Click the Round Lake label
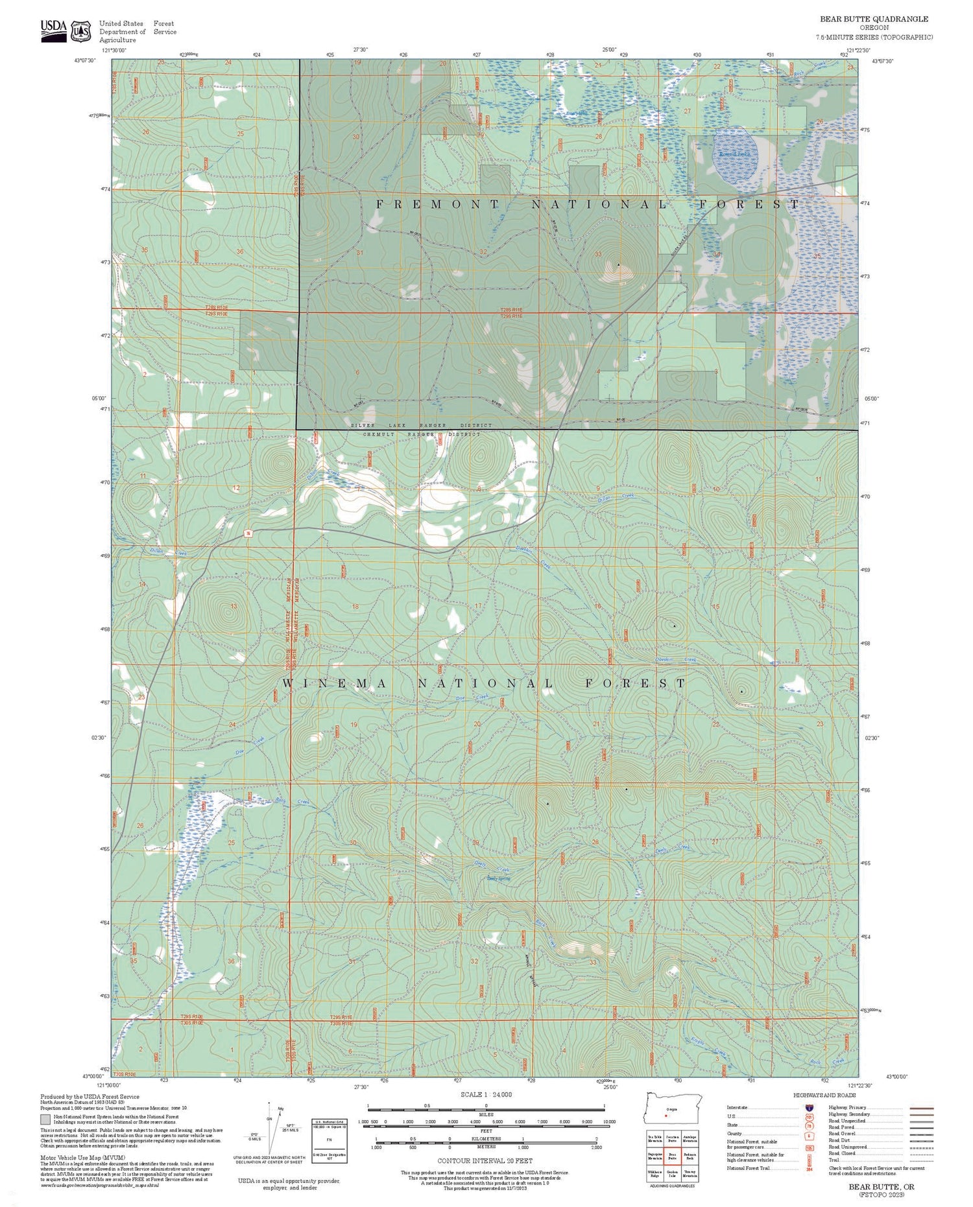coord(731,154)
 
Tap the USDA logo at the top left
coord(54,29)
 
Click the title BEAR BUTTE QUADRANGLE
coord(873,19)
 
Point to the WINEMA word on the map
coord(335,684)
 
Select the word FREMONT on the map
coord(438,204)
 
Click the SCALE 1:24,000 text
coord(486,1094)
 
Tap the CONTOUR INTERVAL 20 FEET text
coord(485,1160)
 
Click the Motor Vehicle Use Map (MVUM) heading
coord(82,1157)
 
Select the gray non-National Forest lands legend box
coord(45,1119)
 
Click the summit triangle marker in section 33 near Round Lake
coord(618,264)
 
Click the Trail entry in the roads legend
coord(834,1160)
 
